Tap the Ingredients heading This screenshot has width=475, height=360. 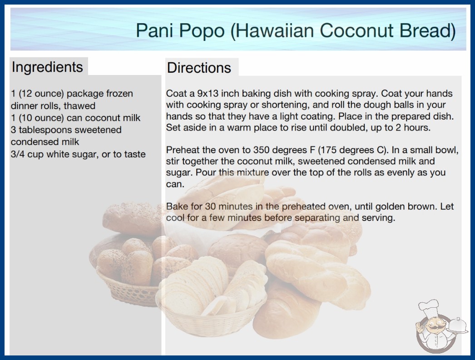tap(47, 67)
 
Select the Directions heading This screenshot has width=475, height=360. tap(199, 68)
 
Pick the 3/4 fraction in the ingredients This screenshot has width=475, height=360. tap(18, 154)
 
